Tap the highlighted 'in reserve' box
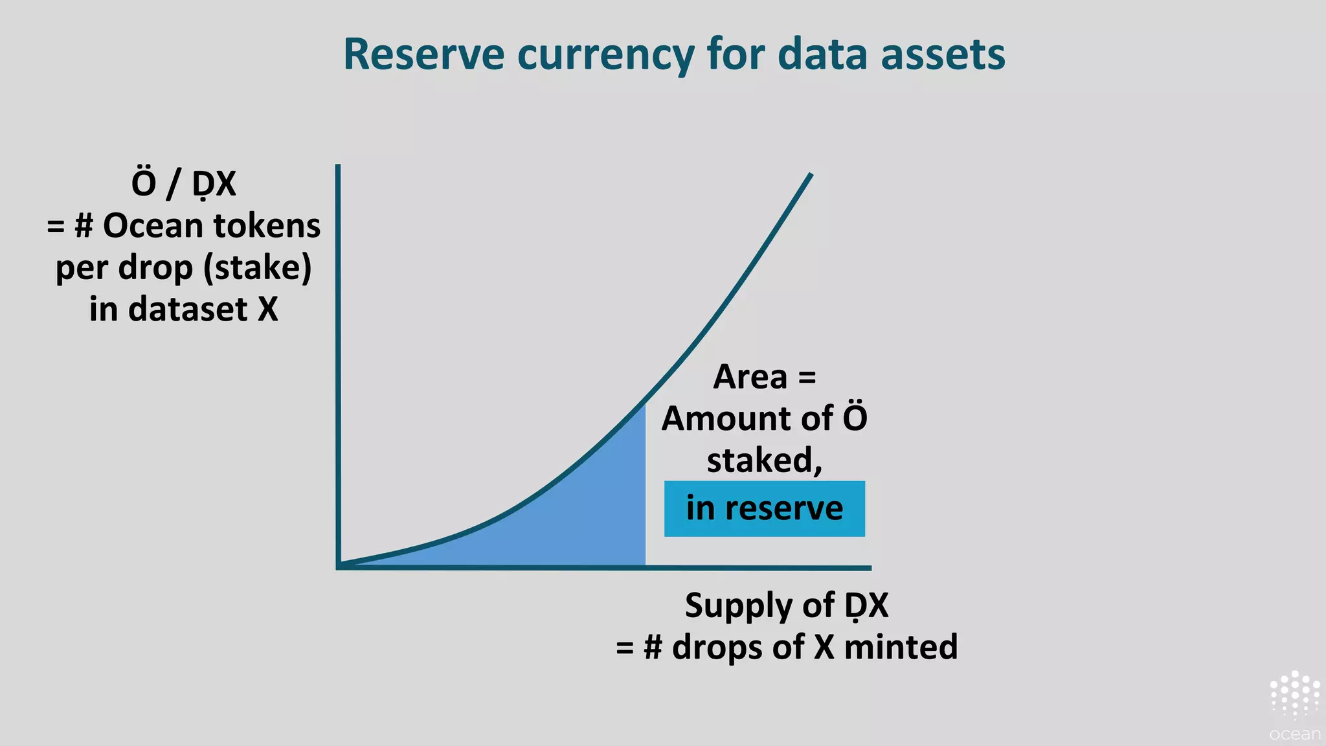point(764,508)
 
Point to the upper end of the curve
point(809,175)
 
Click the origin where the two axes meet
point(339,567)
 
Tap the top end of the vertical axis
point(338,167)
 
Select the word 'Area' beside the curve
point(750,377)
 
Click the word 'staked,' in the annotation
point(764,460)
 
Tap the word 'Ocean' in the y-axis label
point(153,226)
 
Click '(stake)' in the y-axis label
point(257,268)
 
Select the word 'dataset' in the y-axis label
point(188,310)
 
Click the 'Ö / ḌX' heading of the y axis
point(183,184)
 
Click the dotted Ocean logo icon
point(1294,694)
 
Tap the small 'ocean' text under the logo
point(1294,734)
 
